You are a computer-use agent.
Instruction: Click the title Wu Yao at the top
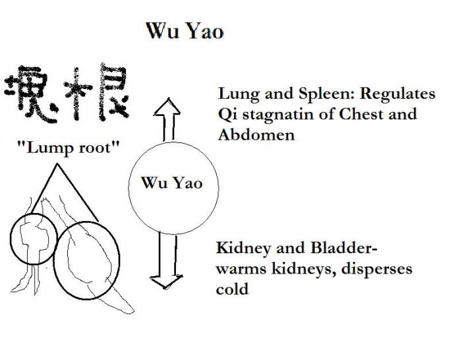[x=185, y=31]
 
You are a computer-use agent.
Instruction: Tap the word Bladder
[x=340, y=249]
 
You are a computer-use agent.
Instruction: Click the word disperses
[x=379, y=269]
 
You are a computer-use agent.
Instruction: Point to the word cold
[x=232, y=289]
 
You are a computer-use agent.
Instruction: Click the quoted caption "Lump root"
[x=69, y=147]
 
